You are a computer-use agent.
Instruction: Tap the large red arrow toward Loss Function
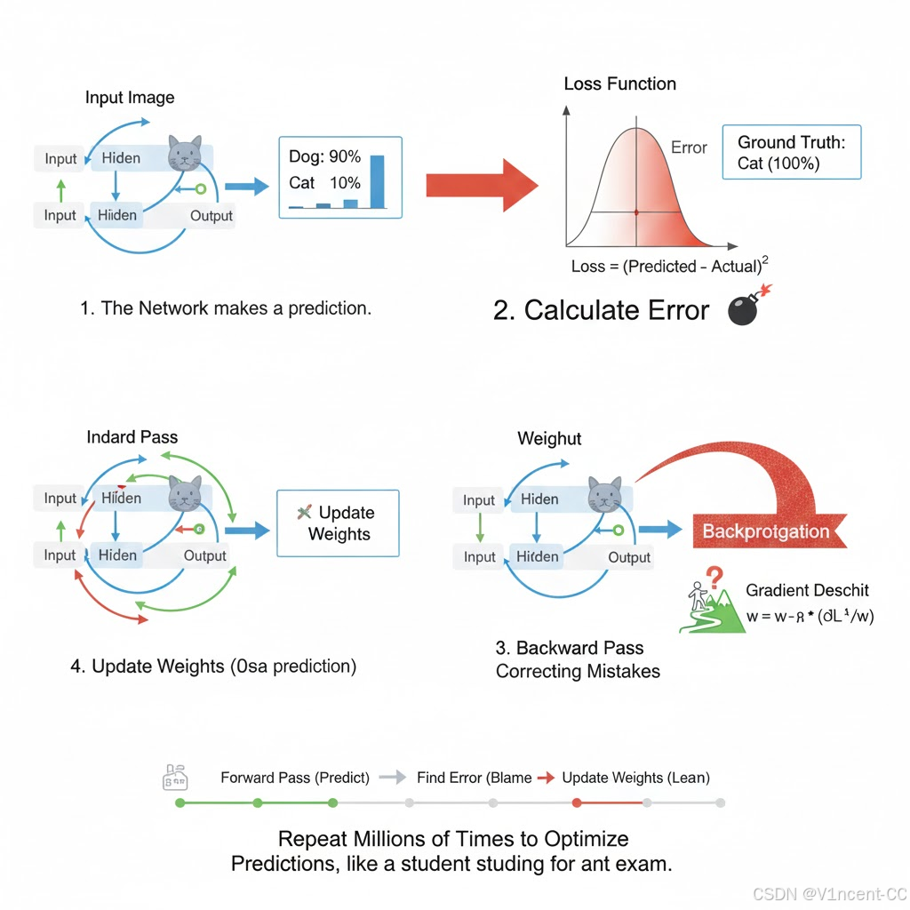(481, 184)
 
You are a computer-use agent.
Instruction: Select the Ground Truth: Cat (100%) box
(791, 152)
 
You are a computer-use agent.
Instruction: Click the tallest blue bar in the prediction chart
(377, 181)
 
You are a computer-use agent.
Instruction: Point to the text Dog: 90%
(324, 157)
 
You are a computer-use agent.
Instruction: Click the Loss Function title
(619, 84)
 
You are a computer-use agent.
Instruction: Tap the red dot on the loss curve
(636, 212)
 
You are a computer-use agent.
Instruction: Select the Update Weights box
(338, 523)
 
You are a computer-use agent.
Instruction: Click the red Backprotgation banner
(766, 531)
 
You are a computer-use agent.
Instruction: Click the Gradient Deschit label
(807, 590)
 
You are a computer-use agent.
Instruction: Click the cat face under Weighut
(603, 494)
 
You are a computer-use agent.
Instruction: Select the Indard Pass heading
(132, 437)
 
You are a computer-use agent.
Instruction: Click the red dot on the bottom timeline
(577, 802)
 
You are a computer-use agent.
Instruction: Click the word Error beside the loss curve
(689, 148)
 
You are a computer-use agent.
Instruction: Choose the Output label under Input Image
(212, 215)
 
